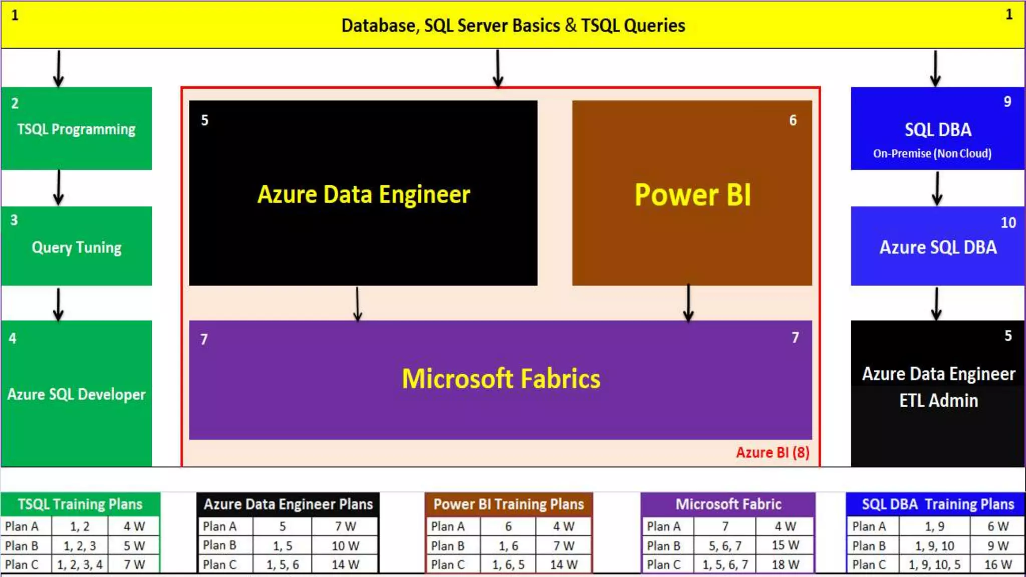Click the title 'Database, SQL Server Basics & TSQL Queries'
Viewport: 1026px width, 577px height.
(x=513, y=26)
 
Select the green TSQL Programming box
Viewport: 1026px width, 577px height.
(x=76, y=129)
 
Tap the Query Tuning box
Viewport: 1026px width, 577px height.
(x=76, y=246)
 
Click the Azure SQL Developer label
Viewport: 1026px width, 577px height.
(x=76, y=394)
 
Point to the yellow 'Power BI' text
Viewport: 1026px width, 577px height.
(x=692, y=194)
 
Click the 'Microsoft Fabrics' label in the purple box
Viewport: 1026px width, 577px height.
(x=501, y=379)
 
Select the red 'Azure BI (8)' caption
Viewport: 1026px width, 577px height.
(x=772, y=452)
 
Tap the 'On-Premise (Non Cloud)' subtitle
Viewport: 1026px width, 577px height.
(x=932, y=153)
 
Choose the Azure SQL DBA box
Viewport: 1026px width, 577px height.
(x=937, y=246)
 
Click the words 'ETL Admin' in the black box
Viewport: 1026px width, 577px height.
(x=938, y=400)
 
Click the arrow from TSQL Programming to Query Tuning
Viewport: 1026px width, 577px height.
(x=59, y=188)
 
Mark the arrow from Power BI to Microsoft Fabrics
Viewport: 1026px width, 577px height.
(x=688, y=303)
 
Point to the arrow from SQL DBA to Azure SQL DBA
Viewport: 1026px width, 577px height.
(x=937, y=188)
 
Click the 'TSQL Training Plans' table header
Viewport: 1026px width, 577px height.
(x=80, y=504)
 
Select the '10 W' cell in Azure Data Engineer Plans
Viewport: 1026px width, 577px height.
(x=345, y=545)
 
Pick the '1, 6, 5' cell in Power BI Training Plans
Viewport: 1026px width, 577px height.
(x=508, y=564)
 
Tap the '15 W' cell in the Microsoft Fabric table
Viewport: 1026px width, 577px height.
(x=785, y=545)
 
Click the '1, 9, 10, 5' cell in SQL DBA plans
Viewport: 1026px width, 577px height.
(x=934, y=564)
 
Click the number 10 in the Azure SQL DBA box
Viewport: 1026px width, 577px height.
(x=1008, y=222)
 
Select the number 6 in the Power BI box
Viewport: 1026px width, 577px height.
(x=793, y=120)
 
